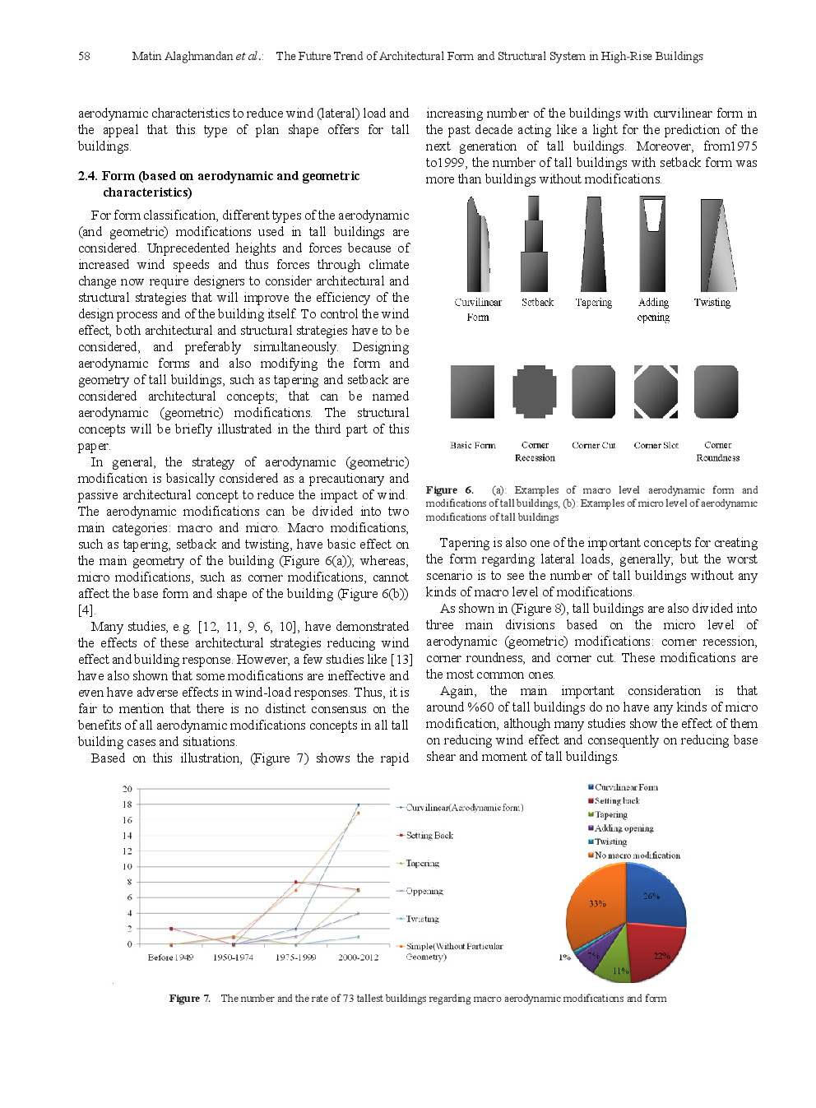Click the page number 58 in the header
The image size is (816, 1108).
click(84, 56)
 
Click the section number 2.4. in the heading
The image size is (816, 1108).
click(88, 175)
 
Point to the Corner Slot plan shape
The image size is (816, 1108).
click(656, 392)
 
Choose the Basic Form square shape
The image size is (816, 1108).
click(472, 392)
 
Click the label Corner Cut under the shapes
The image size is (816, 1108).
click(593, 445)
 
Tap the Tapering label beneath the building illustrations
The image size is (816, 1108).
click(593, 303)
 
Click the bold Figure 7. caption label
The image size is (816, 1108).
click(189, 998)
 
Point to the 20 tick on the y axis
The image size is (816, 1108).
click(128, 789)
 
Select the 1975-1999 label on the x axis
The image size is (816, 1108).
click(295, 957)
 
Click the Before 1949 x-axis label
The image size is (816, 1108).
click(170, 957)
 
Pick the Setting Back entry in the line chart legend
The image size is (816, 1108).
click(429, 835)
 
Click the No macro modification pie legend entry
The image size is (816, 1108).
click(637, 855)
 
